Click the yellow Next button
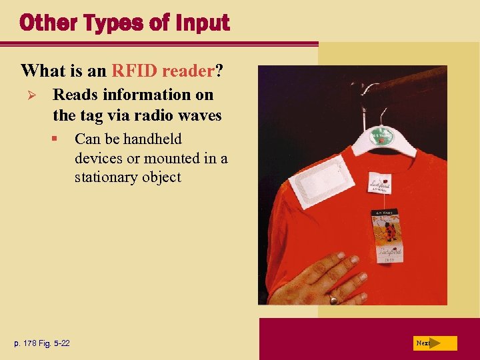pyautogui.click(x=434, y=343)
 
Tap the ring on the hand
pyautogui.click(x=333, y=299)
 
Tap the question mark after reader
pyautogui.click(x=218, y=70)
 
